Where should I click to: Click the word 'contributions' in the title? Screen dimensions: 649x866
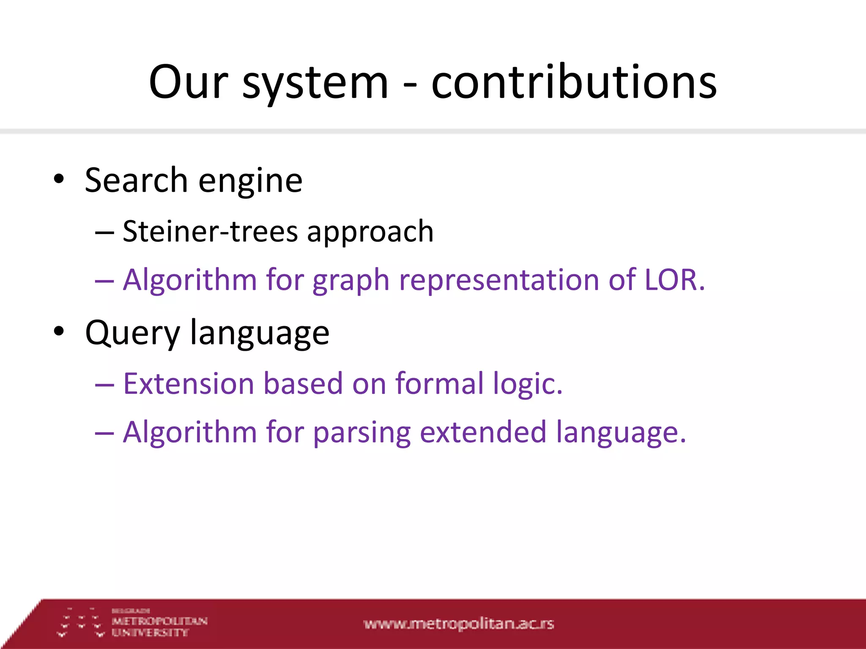click(574, 82)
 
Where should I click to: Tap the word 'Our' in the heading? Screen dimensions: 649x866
click(189, 82)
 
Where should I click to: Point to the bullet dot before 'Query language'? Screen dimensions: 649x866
click(59, 332)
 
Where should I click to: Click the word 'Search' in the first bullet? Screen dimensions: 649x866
click(136, 180)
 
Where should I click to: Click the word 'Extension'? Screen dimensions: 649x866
click(189, 384)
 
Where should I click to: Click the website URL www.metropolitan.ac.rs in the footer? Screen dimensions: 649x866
click(458, 624)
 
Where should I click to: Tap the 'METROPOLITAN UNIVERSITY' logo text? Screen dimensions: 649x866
click(159, 626)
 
